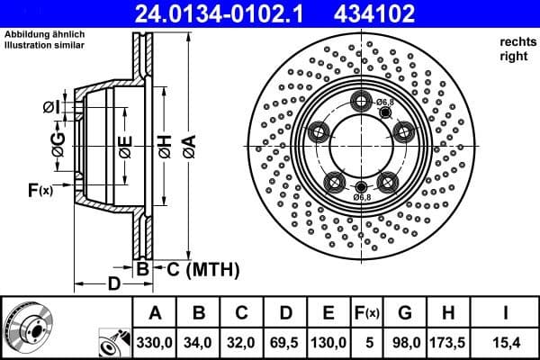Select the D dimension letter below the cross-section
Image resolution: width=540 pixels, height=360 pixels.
coord(113,284)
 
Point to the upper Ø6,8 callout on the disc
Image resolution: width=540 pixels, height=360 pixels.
coord(384,103)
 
